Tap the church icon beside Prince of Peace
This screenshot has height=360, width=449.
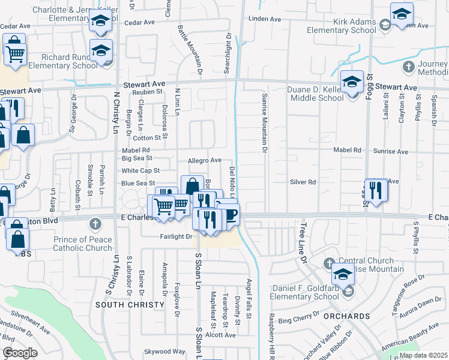(94, 224)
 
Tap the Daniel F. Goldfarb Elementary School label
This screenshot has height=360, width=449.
(304, 292)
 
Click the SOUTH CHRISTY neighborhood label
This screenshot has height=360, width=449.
(130, 305)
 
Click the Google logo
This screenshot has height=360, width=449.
(20, 353)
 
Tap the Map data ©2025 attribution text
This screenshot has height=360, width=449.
(423, 355)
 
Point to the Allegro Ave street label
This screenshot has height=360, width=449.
(205, 160)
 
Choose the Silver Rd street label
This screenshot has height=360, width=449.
(303, 182)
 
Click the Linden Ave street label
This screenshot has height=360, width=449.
(265, 19)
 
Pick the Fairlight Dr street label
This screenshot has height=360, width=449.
(176, 236)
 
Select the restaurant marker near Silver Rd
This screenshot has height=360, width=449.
(376, 191)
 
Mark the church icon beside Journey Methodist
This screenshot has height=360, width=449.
(409, 65)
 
